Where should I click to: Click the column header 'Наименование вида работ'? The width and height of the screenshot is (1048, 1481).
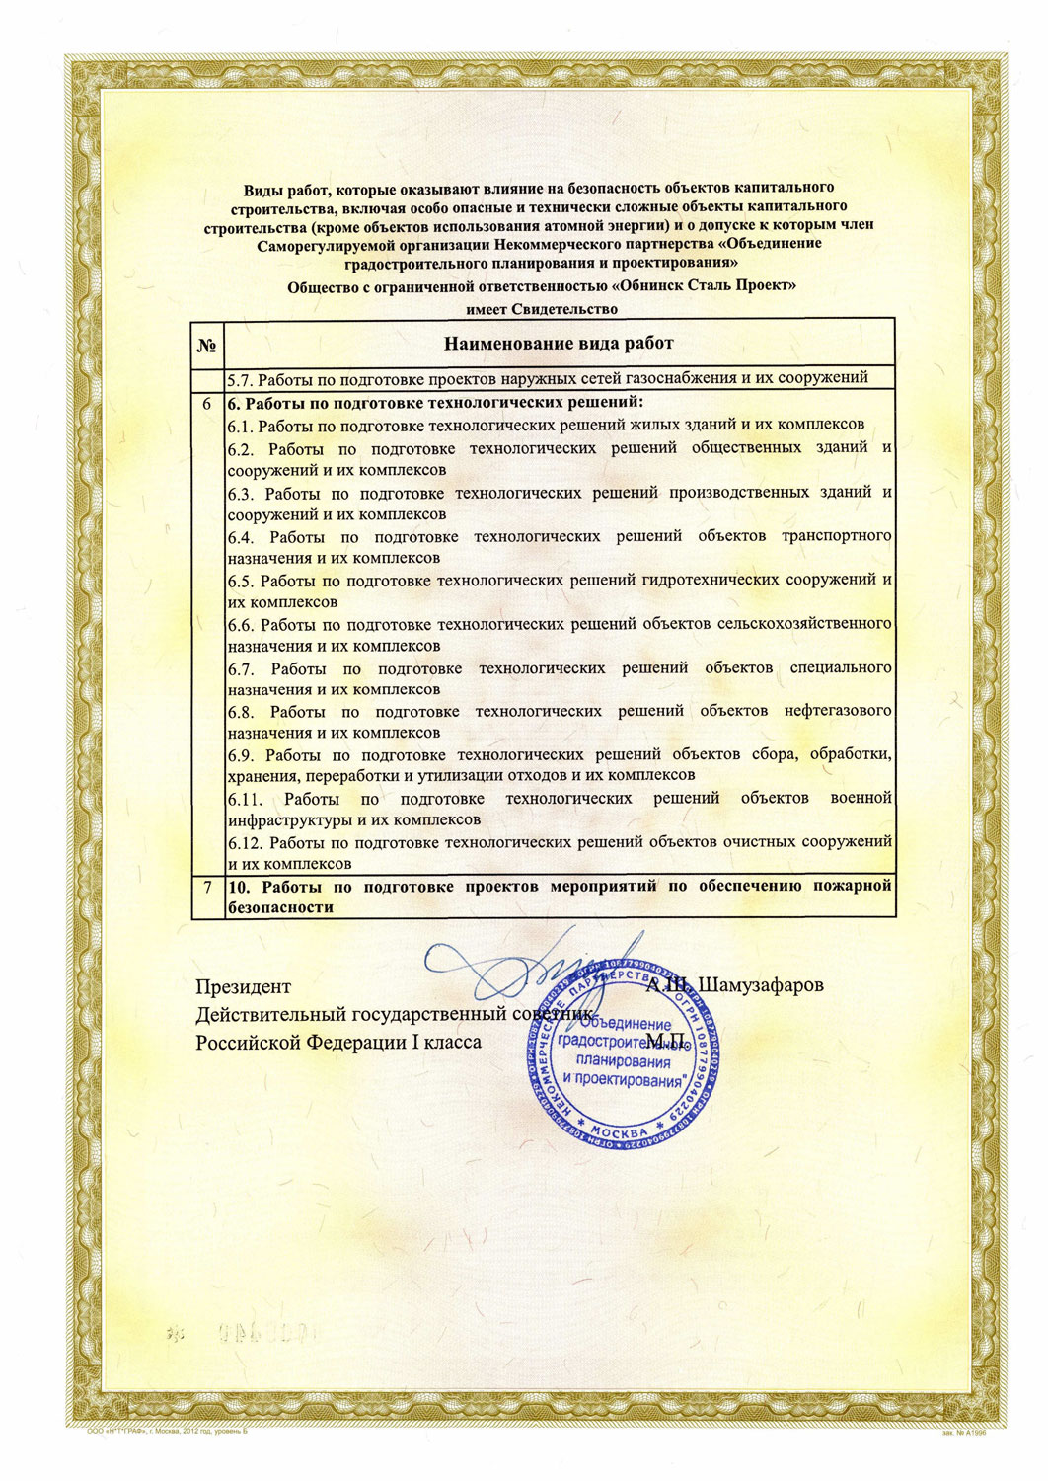(559, 344)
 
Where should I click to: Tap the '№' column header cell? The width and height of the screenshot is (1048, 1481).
(208, 345)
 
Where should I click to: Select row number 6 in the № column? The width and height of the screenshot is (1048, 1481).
(208, 404)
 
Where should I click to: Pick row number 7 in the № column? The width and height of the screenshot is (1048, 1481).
(208, 887)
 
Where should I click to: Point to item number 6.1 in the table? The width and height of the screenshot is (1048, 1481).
(241, 426)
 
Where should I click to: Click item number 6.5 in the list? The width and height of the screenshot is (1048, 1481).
(242, 581)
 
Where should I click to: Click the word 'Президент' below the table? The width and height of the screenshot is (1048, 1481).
(243, 986)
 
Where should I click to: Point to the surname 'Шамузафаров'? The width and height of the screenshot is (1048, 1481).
(762, 985)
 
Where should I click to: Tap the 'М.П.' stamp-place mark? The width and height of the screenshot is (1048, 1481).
(667, 1041)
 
